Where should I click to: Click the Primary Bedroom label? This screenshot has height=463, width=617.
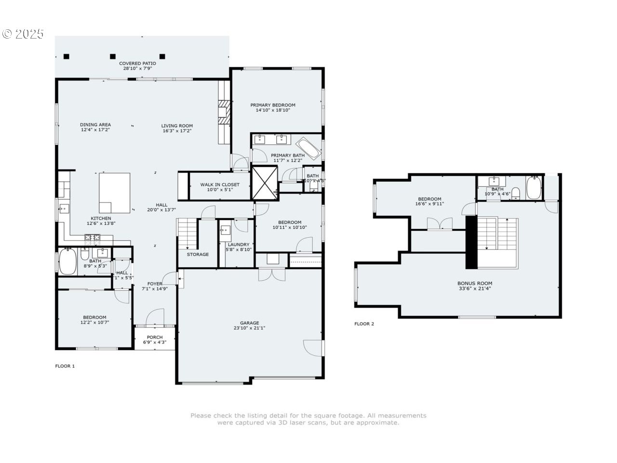tap(272, 105)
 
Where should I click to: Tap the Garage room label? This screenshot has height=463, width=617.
tap(250, 323)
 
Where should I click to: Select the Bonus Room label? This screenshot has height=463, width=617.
tap(475, 284)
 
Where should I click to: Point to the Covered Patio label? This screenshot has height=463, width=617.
tap(137, 63)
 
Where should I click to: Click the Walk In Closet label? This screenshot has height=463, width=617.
tap(220, 185)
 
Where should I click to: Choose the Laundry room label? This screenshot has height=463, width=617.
tap(239, 245)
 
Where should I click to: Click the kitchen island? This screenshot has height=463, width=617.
tap(115, 193)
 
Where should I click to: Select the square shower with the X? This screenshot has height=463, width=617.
tap(265, 182)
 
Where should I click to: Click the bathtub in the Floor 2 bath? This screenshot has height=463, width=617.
tap(534, 188)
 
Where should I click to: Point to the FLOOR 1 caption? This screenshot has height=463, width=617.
tap(65, 366)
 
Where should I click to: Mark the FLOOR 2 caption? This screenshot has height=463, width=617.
tap(364, 324)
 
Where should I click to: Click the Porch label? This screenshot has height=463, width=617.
tap(155, 337)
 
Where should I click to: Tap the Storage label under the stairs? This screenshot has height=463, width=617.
tap(198, 254)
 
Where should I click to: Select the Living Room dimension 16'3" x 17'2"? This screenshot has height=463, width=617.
tap(177, 131)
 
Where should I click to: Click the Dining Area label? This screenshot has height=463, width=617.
tap(95, 125)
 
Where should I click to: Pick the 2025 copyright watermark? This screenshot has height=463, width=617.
tap(23, 34)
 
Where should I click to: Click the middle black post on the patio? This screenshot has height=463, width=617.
tap(113, 56)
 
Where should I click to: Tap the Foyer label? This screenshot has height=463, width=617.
tap(155, 284)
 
